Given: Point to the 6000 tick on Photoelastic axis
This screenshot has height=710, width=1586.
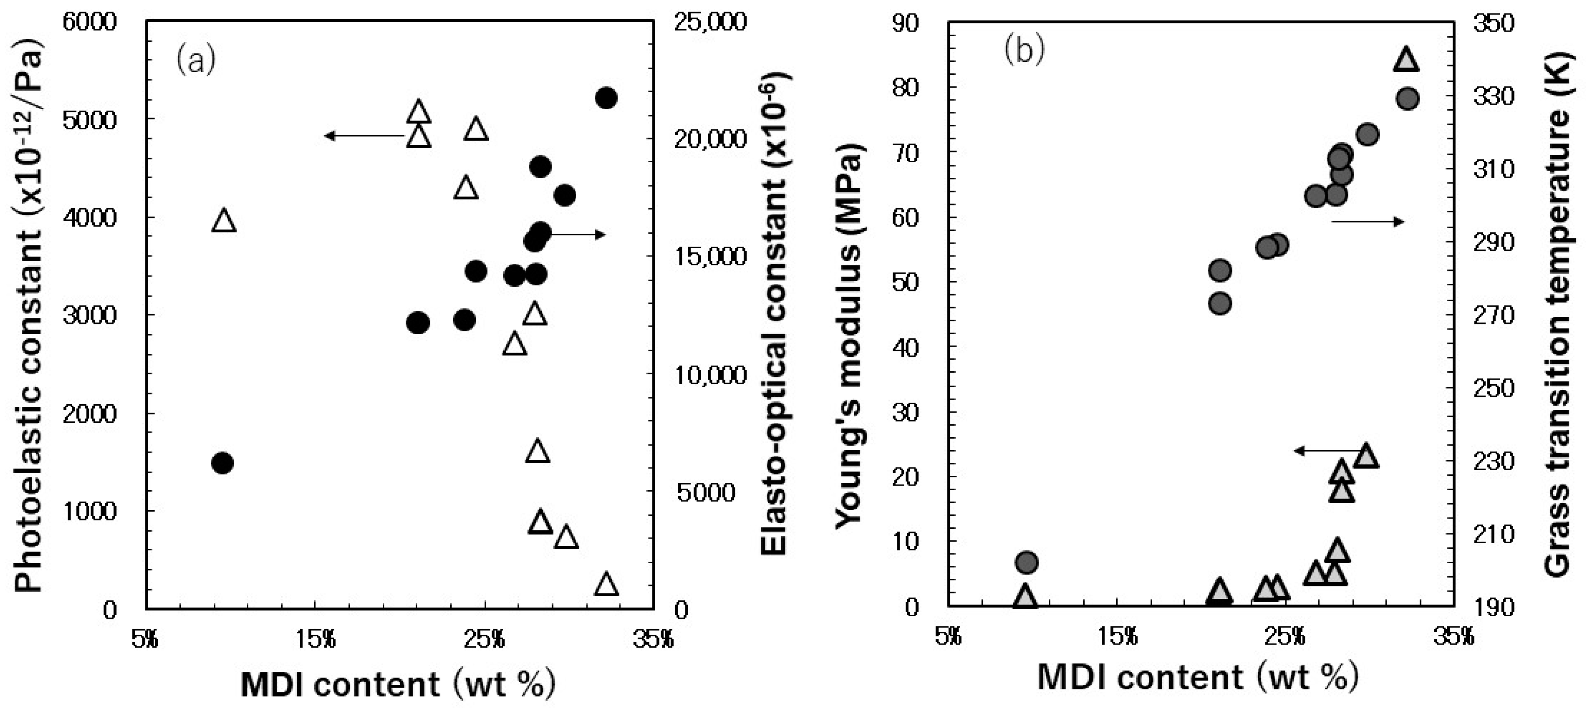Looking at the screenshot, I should click(89, 22).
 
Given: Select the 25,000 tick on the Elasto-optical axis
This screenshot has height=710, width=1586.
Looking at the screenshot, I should click(710, 22).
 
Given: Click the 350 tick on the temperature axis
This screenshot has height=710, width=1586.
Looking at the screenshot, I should click(1493, 23).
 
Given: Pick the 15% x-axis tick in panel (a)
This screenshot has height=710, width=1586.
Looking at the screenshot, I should click(315, 640).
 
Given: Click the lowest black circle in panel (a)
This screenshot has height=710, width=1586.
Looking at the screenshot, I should click(222, 463).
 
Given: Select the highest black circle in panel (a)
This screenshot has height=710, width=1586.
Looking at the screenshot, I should click(606, 98).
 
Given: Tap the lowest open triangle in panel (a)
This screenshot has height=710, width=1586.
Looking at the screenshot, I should click(606, 584).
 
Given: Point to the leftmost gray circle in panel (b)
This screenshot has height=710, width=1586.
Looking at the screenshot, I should click(1027, 562).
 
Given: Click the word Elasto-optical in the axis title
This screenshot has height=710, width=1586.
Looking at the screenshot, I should click(774, 443).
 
